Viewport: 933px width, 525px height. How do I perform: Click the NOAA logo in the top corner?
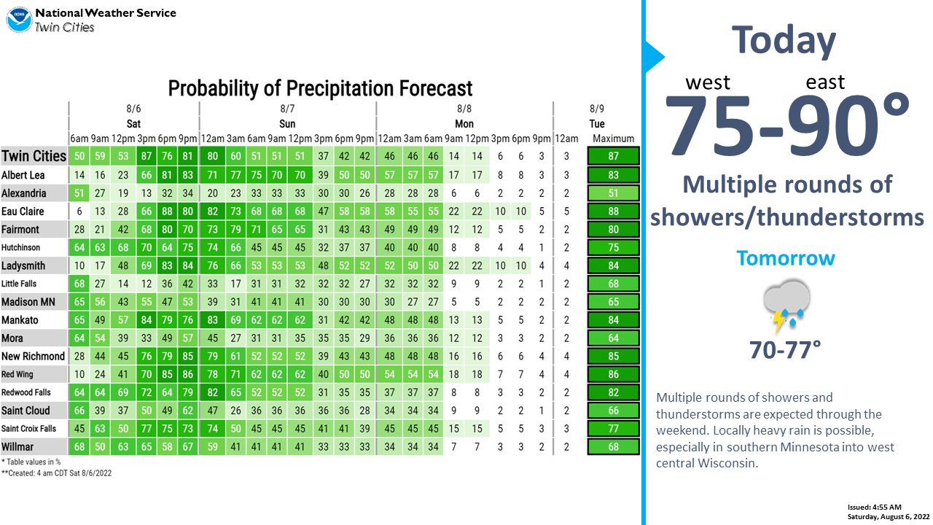click(19, 19)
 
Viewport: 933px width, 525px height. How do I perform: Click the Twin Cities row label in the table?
click(34, 156)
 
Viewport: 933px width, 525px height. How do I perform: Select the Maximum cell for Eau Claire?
click(613, 211)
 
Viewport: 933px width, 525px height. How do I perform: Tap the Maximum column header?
click(613, 139)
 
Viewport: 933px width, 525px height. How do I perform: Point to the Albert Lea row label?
click(23, 175)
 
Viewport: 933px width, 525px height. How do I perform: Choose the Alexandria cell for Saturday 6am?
click(79, 193)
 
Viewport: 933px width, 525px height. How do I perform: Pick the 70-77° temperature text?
click(785, 349)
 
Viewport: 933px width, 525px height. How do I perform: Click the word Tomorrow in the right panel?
click(786, 258)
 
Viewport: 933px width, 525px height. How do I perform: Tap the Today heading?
click(784, 41)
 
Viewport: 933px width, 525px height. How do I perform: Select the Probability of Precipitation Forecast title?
click(320, 88)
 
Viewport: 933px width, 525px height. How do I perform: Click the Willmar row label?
click(17, 447)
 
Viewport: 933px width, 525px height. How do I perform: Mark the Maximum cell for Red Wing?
click(613, 374)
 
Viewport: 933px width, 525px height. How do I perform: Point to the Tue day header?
click(597, 124)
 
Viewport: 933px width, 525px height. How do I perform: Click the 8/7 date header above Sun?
click(287, 109)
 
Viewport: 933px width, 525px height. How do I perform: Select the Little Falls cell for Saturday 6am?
click(79, 284)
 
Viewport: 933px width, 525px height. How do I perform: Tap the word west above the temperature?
click(708, 82)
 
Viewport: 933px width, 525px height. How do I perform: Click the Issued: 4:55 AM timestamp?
click(874, 507)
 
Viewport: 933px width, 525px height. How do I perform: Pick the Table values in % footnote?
click(31, 462)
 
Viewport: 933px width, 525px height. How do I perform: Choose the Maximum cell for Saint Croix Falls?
click(613, 429)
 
